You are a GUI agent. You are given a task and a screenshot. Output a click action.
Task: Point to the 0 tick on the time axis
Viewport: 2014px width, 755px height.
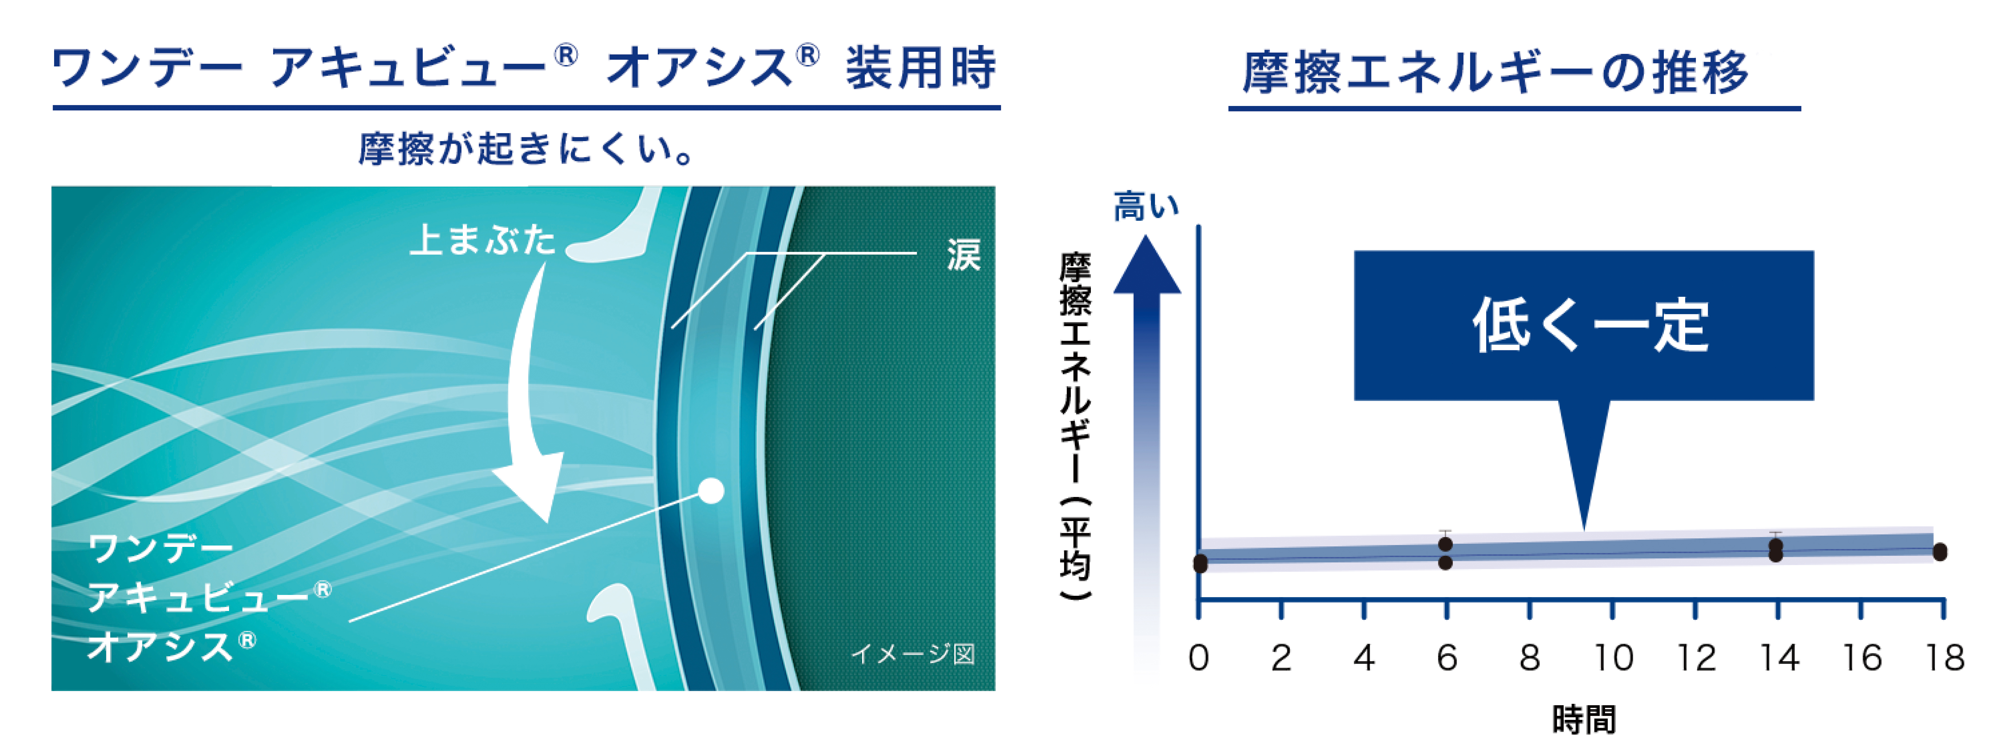(1199, 658)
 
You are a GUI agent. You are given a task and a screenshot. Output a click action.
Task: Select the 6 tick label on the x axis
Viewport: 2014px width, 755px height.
(1446, 658)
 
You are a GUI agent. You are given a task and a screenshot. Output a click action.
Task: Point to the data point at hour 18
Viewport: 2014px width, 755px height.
(1940, 552)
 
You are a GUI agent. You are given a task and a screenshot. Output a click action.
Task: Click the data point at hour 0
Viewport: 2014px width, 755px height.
(1200, 563)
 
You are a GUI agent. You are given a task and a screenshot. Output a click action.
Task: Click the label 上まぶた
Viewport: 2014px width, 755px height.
(482, 239)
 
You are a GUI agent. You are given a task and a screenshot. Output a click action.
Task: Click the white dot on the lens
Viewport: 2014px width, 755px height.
(711, 491)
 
